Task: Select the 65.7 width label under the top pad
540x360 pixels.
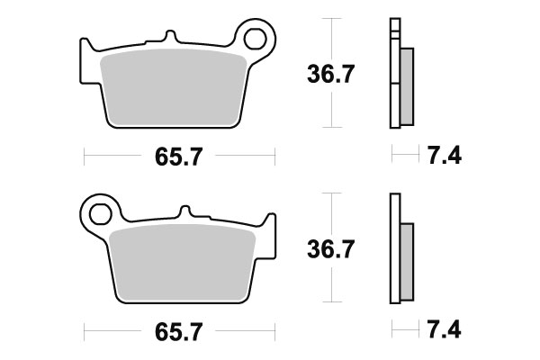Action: tap(172, 157)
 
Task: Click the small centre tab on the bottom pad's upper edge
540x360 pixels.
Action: tap(188, 214)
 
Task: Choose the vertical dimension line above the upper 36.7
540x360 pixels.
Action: tap(334, 36)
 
